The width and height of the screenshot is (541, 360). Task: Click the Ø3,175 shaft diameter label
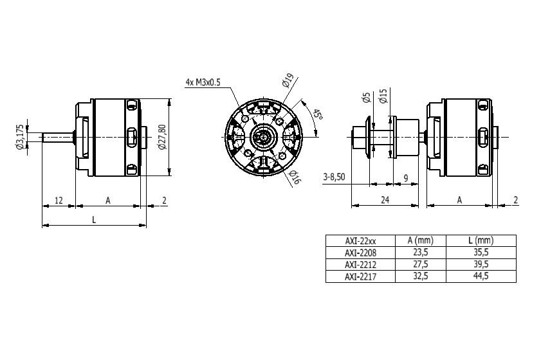pos(20,137)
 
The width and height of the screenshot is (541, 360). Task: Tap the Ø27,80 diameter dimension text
pos(162,136)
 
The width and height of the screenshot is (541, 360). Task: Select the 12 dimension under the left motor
pos(59,200)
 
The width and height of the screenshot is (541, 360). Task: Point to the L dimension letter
pos(94,219)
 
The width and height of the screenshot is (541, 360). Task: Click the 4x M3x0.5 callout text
pos(203,82)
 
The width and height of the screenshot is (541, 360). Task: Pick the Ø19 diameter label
pos(287,80)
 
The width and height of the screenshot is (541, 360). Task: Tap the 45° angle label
pos(318,114)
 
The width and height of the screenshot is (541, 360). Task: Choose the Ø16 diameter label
pos(294,177)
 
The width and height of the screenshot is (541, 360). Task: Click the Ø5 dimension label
pos(367,97)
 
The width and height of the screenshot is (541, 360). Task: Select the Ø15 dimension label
pos(383,96)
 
